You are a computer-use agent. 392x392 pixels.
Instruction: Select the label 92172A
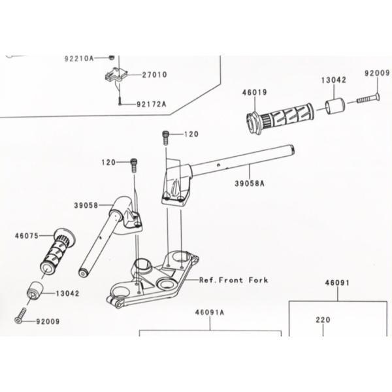(152, 104)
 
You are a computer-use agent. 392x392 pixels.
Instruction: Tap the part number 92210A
(78, 58)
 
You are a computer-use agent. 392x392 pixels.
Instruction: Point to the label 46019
(254, 93)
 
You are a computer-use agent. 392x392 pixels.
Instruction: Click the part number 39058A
(250, 184)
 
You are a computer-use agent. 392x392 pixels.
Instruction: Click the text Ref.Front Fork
(233, 280)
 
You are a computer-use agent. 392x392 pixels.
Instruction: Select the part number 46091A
(209, 312)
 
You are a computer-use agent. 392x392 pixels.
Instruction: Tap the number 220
(323, 320)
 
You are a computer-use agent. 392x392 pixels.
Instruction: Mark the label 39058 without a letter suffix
(86, 205)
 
